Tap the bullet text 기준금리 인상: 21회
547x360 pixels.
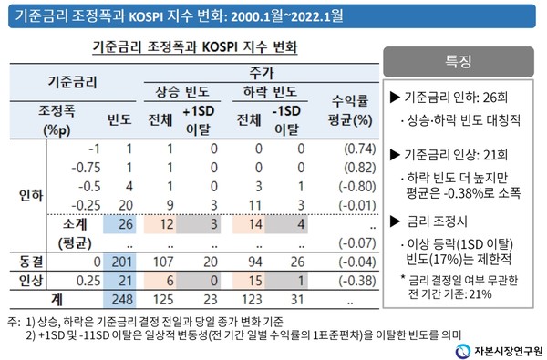click(455, 153)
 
